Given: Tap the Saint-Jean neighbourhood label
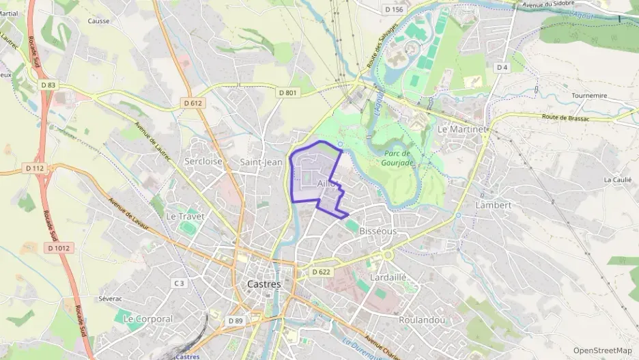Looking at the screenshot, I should coord(261,162).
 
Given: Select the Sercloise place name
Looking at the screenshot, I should coord(203,162).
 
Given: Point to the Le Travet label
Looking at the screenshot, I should coord(185,216).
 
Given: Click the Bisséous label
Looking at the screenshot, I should coord(378,232).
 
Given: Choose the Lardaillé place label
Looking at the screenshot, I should coord(387,278).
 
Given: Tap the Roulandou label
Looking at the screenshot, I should coord(422,320).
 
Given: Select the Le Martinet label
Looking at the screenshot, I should coord(462,128).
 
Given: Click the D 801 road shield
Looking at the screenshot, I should coord(287,92).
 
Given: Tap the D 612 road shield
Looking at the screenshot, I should coord(193,102).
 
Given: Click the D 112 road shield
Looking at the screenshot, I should coord(34,168).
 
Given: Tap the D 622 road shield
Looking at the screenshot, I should coord(321,272).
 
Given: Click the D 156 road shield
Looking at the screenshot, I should coord(394,10).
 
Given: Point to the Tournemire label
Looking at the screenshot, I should coord(589,96).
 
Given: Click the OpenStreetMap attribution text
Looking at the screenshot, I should coord(602,351).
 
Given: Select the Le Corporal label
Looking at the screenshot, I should coord(147,318).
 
